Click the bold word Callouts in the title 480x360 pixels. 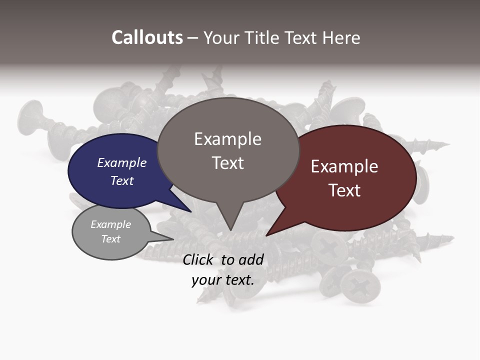click(147, 37)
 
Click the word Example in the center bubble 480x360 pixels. click(227, 139)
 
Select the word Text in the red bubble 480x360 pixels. click(344, 190)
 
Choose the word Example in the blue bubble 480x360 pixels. click(121, 163)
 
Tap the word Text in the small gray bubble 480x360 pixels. click(110, 239)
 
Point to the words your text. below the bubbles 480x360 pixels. click(222, 280)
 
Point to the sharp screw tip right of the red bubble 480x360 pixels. click(446, 145)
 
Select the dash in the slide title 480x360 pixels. click(193, 38)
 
